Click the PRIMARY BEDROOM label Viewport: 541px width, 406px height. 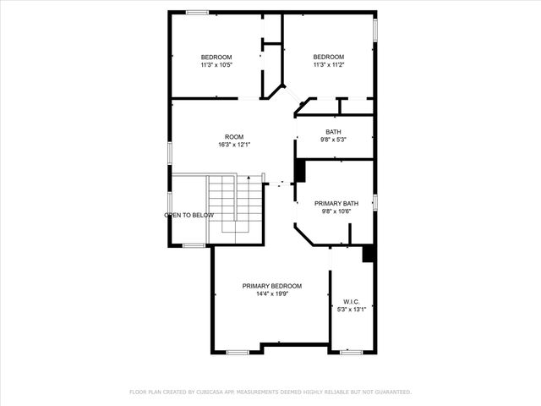coord(271,286)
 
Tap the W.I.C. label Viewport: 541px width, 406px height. coord(352,301)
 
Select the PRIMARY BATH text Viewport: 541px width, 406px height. coord(336,204)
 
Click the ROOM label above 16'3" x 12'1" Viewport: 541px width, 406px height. coord(234,137)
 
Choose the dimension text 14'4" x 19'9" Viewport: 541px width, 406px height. coord(271,294)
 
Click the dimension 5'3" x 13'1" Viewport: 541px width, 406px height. coord(352,310)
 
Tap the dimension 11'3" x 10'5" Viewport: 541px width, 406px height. coord(216,65)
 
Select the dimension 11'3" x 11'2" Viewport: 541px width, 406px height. coord(328,65)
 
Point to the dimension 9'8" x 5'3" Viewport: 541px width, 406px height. coord(334,140)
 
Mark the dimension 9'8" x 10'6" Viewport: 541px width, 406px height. coord(336,211)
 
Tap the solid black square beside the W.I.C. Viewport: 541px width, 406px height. coord(368,253)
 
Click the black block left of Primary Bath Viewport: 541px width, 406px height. coord(299,171)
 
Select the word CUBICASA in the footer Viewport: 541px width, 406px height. coord(210,392)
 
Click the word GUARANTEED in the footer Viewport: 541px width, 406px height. coord(391,392)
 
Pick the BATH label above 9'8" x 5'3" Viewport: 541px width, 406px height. coord(334,132)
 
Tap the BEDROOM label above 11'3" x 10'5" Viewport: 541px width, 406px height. coord(216,57)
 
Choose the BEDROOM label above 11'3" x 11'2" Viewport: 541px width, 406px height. coord(328,57)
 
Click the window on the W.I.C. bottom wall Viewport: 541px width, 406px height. coord(351,351)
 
